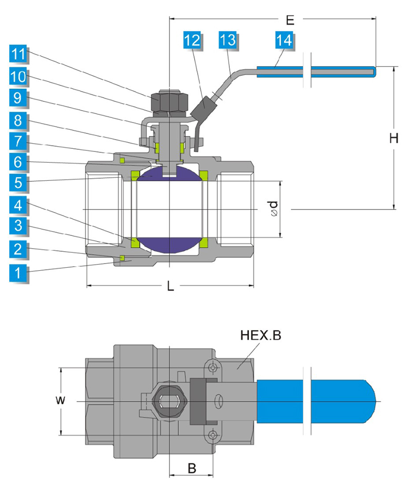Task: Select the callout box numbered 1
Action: pyautogui.click(x=18, y=272)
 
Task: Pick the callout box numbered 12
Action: pyautogui.click(x=193, y=40)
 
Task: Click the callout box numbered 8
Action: pyautogui.click(x=18, y=120)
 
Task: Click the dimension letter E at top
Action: pyautogui.click(x=290, y=21)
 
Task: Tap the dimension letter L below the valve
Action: pyautogui.click(x=170, y=287)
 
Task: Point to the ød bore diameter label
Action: pyautogui.click(x=274, y=209)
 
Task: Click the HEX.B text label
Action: pyautogui.click(x=261, y=336)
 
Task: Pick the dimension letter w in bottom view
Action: pyautogui.click(x=61, y=400)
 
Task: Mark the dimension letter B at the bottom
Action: pyautogui.click(x=192, y=469)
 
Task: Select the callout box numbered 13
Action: pyautogui.click(x=227, y=40)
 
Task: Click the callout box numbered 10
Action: pyautogui.click(x=18, y=76)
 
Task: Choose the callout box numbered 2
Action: pyautogui.click(x=18, y=250)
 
